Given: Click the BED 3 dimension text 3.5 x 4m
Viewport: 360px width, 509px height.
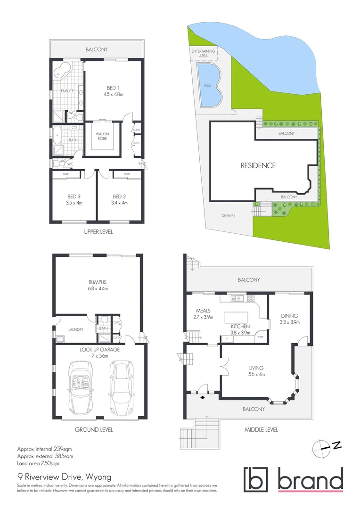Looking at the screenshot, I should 74,203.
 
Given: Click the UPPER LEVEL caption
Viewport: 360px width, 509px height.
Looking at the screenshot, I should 98,232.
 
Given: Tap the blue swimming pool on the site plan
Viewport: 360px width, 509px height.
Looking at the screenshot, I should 209,86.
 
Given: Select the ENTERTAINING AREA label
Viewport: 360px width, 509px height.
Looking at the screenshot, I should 204,53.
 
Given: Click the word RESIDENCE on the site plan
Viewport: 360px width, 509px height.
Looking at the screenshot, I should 258,165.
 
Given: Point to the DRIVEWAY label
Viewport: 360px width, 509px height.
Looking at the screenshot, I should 229,216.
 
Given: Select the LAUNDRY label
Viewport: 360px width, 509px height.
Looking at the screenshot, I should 76,329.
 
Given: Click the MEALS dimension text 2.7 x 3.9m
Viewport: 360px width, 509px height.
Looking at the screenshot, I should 203,317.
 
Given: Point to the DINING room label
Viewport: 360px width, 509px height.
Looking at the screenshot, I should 289,316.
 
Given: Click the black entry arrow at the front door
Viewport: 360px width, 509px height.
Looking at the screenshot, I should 203,397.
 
